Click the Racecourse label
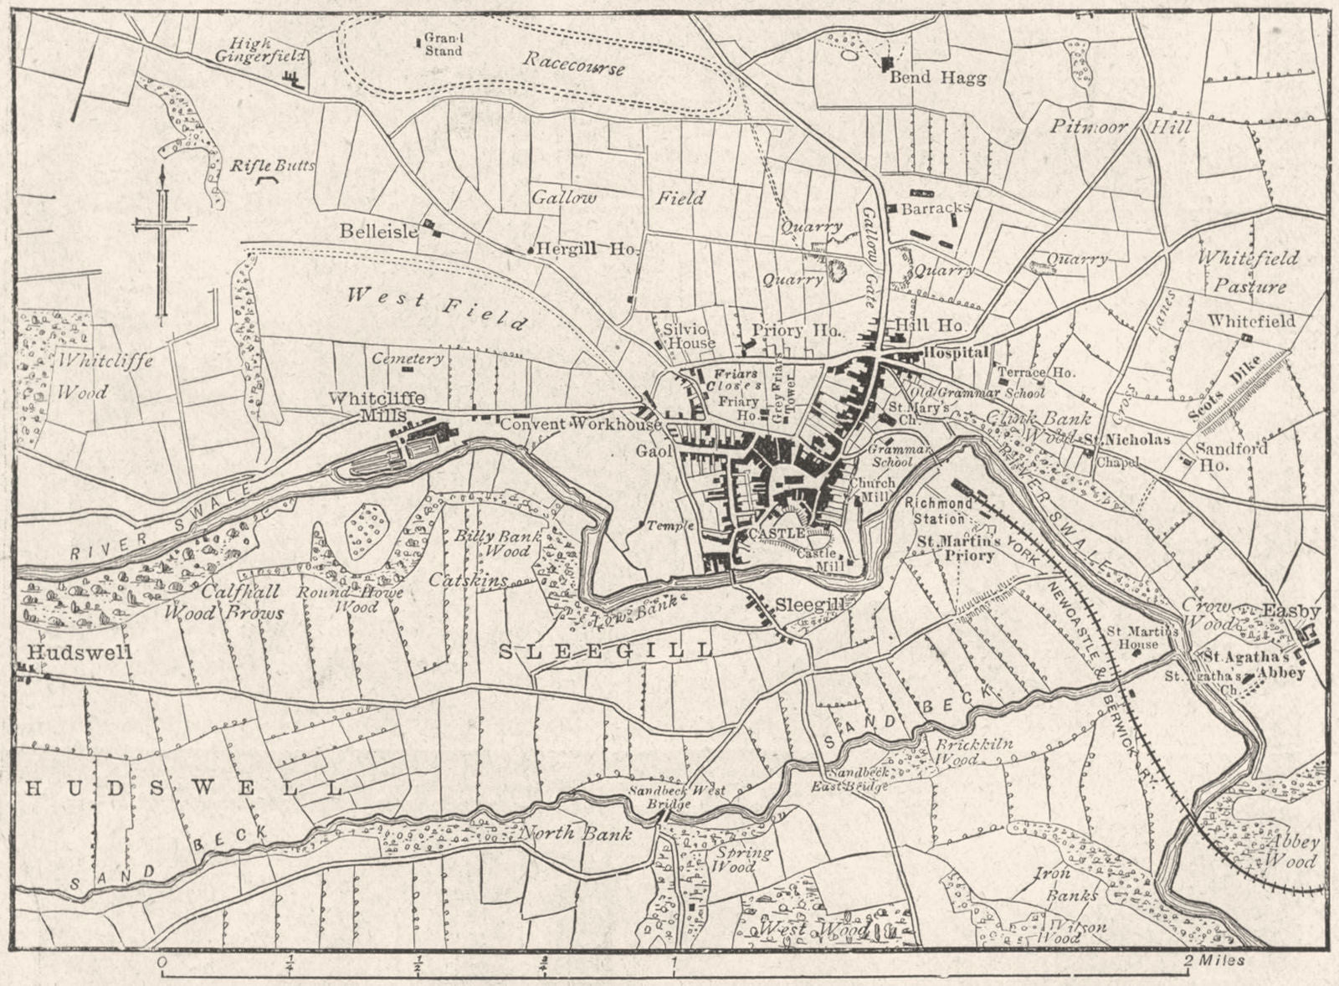[x=575, y=63]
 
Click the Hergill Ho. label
[x=587, y=249]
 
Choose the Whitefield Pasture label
[x=1248, y=272]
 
